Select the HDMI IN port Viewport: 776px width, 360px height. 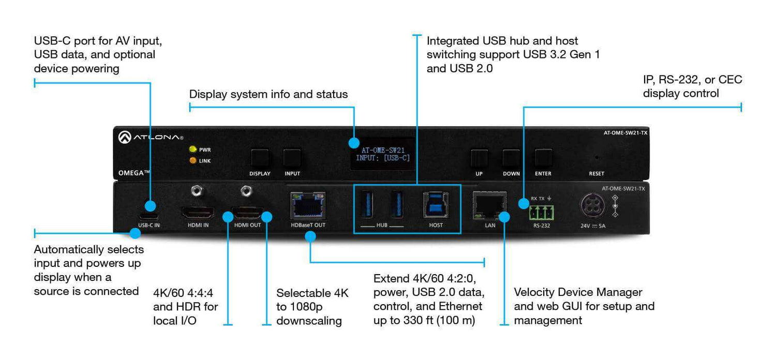coord(197,212)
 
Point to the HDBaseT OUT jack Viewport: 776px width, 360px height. coord(308,205)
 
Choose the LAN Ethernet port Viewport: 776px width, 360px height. coord(489,205)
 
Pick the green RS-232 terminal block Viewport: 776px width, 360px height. coord(541,212)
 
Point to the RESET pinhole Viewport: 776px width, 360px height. coord(596,157)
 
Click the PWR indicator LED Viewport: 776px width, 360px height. coord(193,149)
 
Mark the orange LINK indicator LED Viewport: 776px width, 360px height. coord(193,160)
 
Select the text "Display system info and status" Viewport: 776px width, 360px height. coord(268,94)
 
